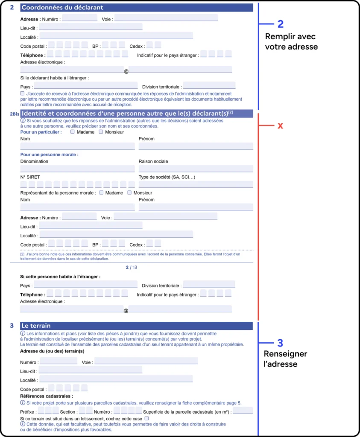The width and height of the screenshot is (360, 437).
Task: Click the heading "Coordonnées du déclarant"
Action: coord(62,8)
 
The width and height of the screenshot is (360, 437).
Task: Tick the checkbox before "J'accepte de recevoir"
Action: coord(22,93)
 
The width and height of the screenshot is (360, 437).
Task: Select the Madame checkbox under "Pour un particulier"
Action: coord(73,132)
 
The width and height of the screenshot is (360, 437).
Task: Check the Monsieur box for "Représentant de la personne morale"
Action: coord(129,192)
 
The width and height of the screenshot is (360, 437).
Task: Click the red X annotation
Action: coord(281,126)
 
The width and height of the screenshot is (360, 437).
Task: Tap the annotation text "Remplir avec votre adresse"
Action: coord(291,41)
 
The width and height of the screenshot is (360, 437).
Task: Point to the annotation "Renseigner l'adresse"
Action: coord(285,359)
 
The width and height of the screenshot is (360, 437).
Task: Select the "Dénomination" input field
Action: coord(77,169)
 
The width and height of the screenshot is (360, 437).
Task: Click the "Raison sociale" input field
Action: coord(196,169)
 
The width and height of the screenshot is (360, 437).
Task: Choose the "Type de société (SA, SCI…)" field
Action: coord(196,184)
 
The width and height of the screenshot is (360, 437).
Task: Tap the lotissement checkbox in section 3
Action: coord(146,419)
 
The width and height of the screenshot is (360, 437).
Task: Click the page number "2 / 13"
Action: coord(132,268)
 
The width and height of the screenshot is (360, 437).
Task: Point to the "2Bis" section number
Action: coord(15,114)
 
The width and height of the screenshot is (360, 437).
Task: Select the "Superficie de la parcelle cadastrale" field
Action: coord(243,411)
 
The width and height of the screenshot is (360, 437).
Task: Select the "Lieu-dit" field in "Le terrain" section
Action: coord(91,370)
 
